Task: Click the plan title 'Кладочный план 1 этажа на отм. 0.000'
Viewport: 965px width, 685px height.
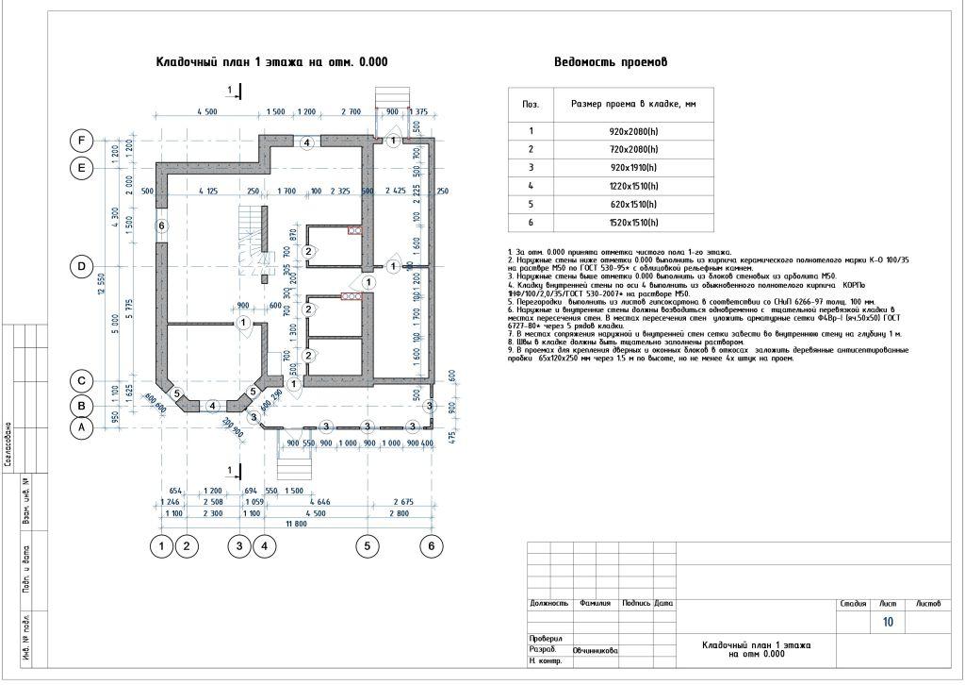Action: pos(271,62)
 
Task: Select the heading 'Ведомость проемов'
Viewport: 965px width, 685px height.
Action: pos(611,62)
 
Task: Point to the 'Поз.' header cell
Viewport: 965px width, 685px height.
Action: pos(531,104)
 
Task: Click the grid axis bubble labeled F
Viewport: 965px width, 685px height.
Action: pos(82,142)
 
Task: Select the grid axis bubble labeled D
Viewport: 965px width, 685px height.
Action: pos(82,267)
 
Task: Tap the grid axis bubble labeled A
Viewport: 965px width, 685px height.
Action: pos(82,426)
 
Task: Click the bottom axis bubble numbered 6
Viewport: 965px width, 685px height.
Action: pos(432,545)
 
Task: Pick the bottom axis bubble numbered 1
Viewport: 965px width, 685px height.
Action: pos(164,545)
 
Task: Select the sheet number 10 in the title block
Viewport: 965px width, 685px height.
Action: pos(888,623)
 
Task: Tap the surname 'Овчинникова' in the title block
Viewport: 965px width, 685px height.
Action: pos(595,651)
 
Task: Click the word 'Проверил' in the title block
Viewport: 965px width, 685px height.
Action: pos(546,639)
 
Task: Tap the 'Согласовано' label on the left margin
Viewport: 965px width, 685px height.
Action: pos(8,445)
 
